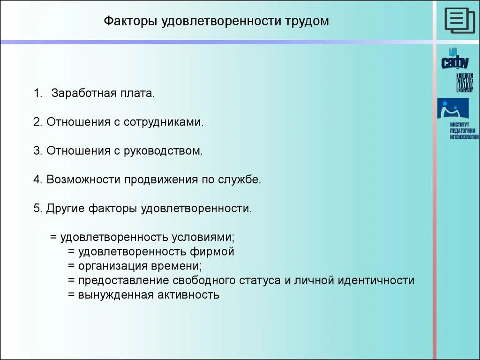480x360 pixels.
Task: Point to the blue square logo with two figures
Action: (x=452, y=108)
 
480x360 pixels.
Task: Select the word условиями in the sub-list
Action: (x=206, y=237)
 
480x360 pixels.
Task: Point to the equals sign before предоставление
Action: (x=71, y=281)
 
